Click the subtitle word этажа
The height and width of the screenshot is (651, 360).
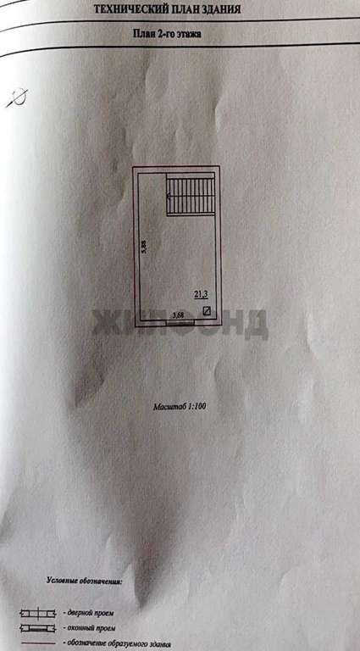point(188,34)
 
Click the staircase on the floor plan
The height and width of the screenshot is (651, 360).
point(191,194)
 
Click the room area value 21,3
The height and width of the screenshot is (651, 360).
point(201,295)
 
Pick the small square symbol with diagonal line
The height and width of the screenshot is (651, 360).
point(206,310)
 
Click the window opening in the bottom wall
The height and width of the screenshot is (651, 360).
point(180,320)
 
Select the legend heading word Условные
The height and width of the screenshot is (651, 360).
point(61,581)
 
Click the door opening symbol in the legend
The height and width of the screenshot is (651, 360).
point(38,613)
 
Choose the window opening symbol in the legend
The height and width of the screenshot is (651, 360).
point(38,629)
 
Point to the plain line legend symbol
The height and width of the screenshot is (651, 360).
point(38,643)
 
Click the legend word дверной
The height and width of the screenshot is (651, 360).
point(80,613)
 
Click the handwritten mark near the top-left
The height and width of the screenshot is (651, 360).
point(17,98)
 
